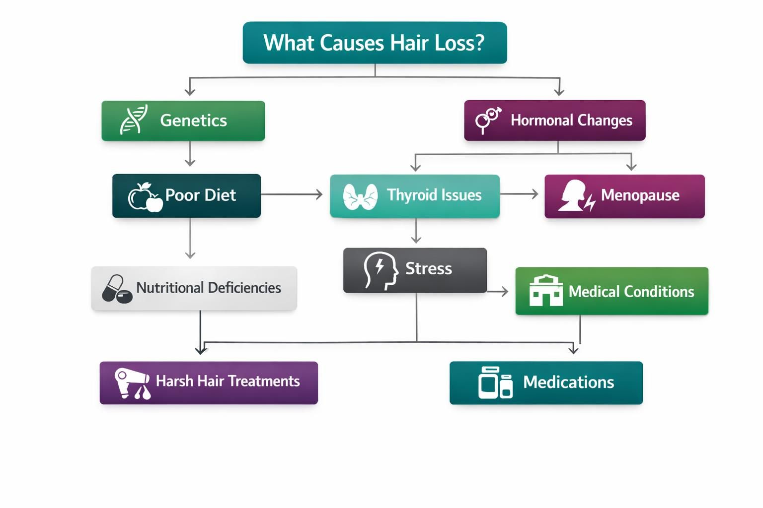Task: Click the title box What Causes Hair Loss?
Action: click(x=375, y=43)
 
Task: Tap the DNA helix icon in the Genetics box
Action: click(x=134, y=120)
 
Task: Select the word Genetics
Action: click(x=193, y=121)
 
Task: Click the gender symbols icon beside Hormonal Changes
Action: click(x=488, y=120)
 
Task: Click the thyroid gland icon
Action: click(x=360, y=196)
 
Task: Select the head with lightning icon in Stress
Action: click(x=381, y=270)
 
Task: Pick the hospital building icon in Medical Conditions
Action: click(x=545, y=291)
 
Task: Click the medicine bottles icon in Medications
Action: click(x=495, y=383)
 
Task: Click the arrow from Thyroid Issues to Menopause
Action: click(x=520, y=194)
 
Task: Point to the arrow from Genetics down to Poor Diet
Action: click(x=190, y=153)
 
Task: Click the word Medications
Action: click(x=568, y=382)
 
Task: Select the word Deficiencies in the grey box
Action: click(x=244, y=288)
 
